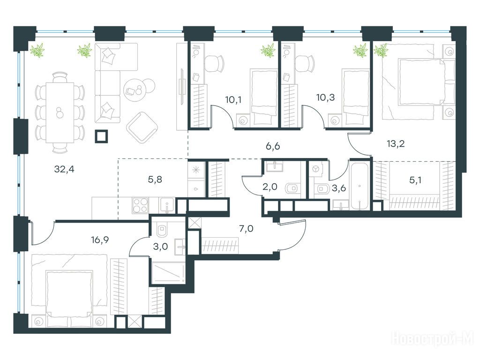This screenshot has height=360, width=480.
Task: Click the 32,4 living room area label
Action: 64,169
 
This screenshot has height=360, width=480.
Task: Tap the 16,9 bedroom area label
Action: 100,239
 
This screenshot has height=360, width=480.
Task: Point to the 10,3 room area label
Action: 325,97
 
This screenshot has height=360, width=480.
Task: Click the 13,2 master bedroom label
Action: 396,143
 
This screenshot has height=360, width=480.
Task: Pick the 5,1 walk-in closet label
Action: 415,180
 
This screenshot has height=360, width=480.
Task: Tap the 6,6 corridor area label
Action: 273,146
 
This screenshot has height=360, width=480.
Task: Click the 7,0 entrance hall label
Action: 246,228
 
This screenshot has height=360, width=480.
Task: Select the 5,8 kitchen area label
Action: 155,180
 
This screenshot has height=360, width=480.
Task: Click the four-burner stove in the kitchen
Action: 141,205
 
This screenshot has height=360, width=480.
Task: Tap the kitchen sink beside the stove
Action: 167,205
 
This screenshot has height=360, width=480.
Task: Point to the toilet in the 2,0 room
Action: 292,188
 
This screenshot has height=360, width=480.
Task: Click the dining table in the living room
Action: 60,112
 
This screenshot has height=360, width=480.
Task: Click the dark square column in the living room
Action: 101,136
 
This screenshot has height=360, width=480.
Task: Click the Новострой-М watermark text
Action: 435,338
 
